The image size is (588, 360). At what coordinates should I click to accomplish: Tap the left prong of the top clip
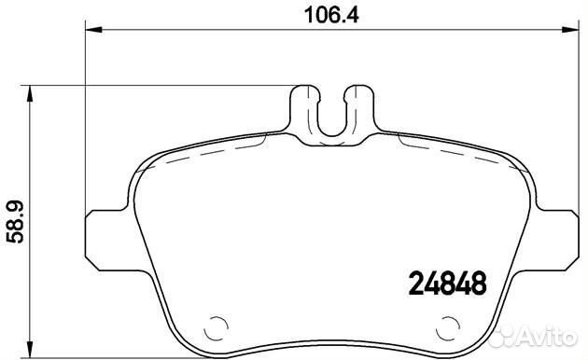click(x=302, y=103)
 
